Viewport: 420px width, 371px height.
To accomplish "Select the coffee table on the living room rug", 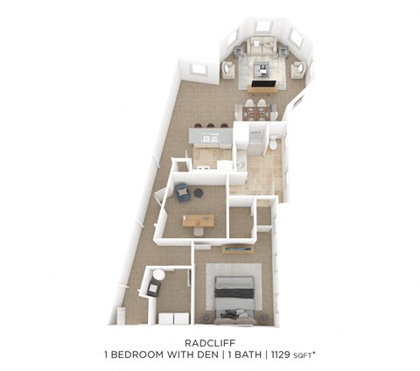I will click(262, 66).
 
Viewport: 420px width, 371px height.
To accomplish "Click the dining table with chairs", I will click(257, 108).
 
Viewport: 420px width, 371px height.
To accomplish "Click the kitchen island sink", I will click(207, 137).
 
